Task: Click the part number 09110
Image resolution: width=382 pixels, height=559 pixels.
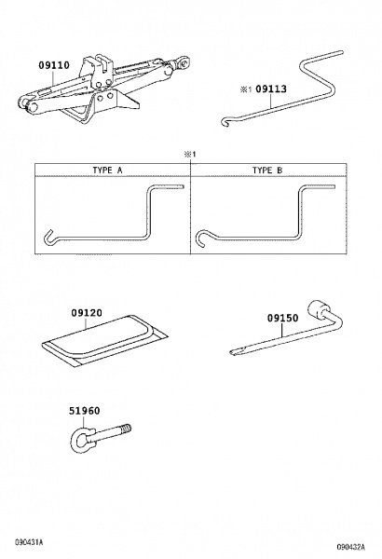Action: tap(54, 65)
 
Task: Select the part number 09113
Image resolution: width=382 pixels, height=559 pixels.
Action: tap(271, 89)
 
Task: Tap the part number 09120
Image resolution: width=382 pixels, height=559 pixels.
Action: tap(87, 313)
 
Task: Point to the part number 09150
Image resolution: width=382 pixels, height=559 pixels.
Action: tap(283, 318)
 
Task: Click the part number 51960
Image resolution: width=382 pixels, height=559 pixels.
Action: tap(84, 411)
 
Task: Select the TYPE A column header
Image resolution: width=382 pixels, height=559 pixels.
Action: tap(107, 170)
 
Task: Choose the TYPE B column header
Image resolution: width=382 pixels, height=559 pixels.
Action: tap(267, 170)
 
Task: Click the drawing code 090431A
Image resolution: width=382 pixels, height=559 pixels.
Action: tap(29, 542)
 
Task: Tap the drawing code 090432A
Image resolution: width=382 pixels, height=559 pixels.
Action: tap(351, 547)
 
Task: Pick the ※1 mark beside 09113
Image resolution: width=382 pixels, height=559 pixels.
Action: tap(246, 89)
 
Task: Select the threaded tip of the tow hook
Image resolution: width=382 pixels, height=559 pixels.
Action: tap(126, 429)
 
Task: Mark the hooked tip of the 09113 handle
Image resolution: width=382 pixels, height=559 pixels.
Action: tap(225, 122)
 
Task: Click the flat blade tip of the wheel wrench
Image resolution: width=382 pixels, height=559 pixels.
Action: tap(235, 352)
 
